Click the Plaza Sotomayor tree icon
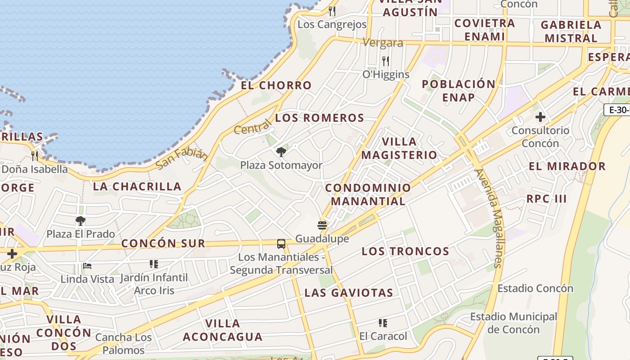(x=281, y=152)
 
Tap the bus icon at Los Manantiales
(x=281, y=244)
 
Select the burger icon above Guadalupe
(x=322, y=225)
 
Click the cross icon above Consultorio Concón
(x=540, y=117)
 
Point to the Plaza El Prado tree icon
(x=81, y=221)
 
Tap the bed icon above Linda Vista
(x=87, y=266)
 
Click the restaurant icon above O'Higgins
(x=386, y=61)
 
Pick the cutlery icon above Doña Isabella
(x=35, y=156)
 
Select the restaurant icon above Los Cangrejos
(x=332, y=11)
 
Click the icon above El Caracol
(x=383, y=323)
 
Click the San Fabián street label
(x=182, y=159)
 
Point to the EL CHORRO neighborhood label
(x=276, y=85)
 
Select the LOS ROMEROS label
(x=319, y=118)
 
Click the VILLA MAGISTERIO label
(x=399, y=148)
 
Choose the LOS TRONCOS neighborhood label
(x=405, y=251)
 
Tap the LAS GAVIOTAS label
(x=349, y=293)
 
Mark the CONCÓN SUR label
(x=163, y=243)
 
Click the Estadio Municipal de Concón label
(x=513, y=323)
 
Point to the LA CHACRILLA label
(x=137, y=186)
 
